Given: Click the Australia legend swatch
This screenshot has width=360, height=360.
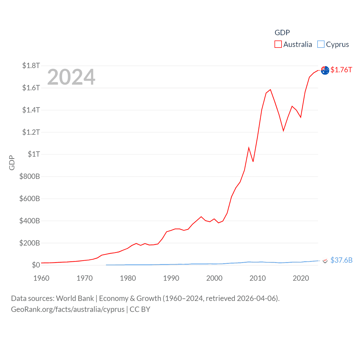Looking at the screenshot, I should [278, 44].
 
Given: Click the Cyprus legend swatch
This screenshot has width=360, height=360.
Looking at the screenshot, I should [321, 44].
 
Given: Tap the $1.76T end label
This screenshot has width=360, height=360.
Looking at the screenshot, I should [341, 70].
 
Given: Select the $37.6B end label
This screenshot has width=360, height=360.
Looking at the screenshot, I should [341, 260].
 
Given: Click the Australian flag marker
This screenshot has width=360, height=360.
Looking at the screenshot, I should [325, 70].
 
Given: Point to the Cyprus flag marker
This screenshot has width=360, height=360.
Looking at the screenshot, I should [325, 261].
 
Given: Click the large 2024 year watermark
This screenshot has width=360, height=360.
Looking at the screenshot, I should [71, 77].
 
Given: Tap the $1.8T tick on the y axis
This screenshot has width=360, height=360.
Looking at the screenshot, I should [31, 66].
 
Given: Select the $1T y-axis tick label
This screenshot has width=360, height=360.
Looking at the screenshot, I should [34, 154].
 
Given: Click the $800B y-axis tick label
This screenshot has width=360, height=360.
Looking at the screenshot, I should [30, 176].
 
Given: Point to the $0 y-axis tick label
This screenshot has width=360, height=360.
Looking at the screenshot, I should [36, 265].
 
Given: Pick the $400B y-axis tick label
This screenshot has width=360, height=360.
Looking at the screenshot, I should [30, 221].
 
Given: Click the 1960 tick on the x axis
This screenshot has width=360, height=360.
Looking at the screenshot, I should [41, 278].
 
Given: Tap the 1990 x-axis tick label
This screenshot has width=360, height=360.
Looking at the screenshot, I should [171, 278].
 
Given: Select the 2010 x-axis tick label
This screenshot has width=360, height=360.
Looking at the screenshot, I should [258, 278].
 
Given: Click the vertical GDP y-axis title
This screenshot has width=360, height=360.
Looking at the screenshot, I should [12, 163].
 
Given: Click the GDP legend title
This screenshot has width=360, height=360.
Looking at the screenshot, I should [282, 33].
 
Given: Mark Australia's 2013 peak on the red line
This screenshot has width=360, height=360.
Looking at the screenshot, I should [270, 90].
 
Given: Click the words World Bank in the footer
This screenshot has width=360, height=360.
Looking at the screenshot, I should [75, 298].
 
